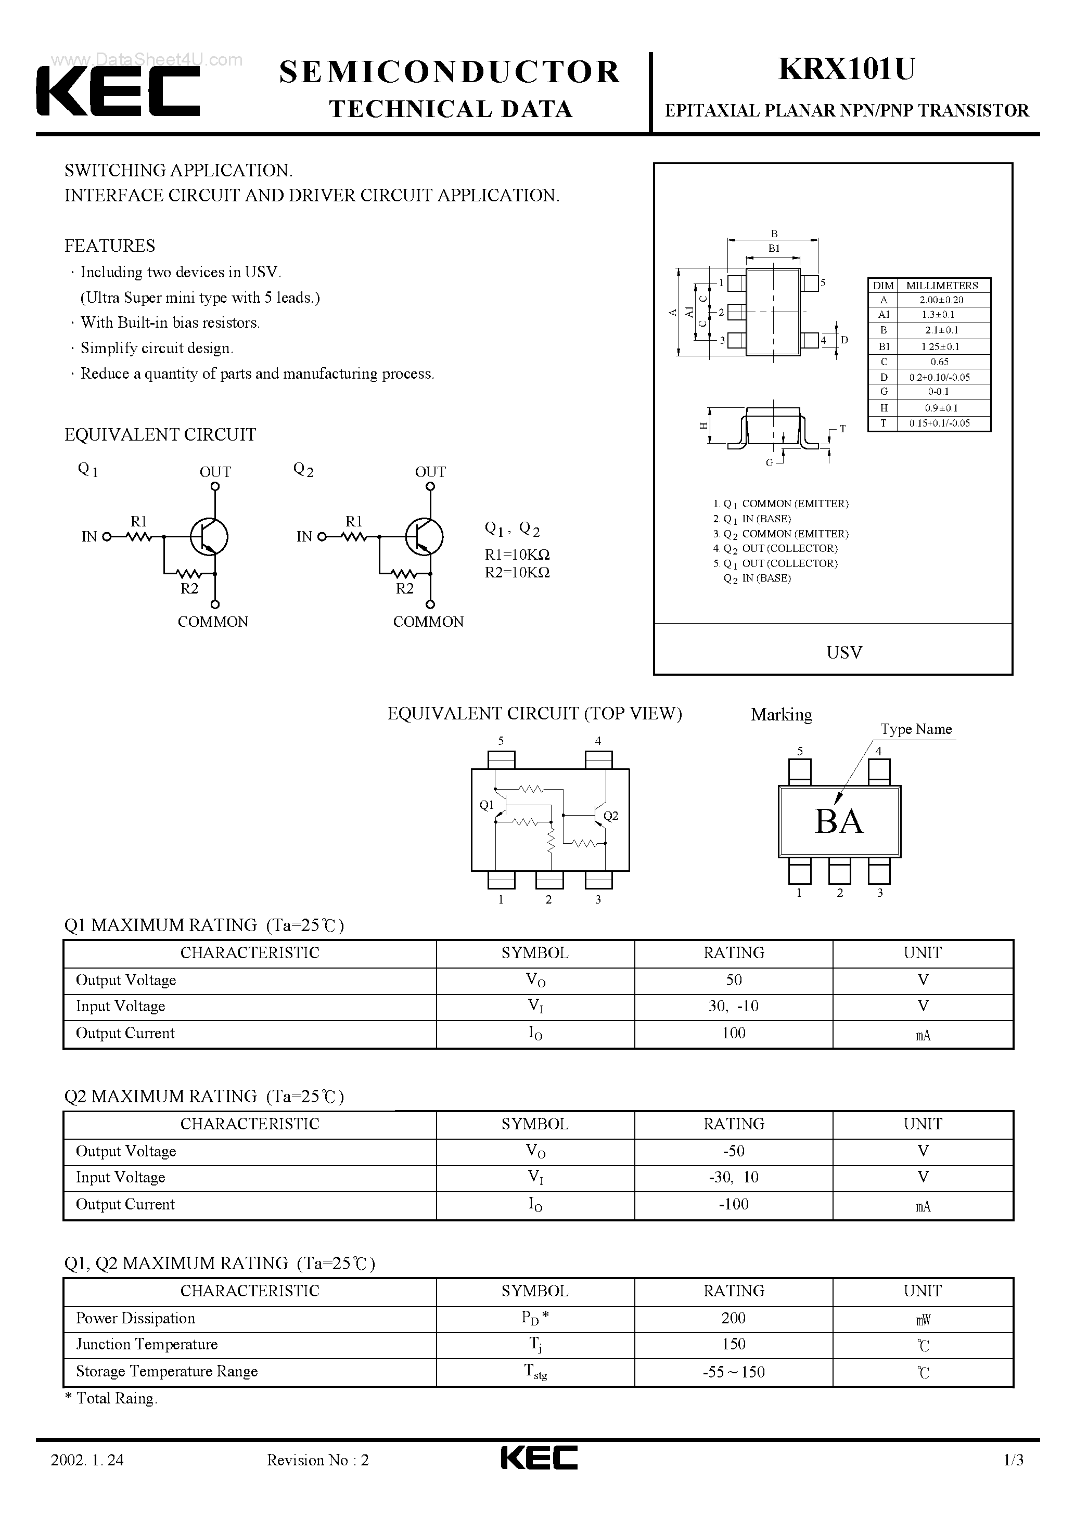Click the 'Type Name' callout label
916,729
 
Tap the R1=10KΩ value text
517,555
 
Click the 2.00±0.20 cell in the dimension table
941,300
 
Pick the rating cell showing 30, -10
733,1006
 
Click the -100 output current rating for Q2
733,1204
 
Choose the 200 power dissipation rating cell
733,1318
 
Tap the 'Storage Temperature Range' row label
167,1371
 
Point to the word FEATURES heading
109,246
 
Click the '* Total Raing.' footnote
111,1398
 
